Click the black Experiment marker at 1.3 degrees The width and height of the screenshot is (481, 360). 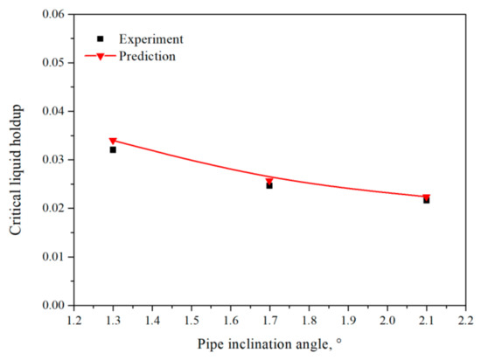pos(113,149)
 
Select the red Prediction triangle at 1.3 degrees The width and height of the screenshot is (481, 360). pos(113,141)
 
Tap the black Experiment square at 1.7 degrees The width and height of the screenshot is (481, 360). pos(269,185)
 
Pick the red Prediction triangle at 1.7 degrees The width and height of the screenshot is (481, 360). pos(269,180)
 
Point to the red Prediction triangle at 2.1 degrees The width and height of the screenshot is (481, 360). pos(426,197)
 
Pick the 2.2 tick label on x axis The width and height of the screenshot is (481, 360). pos(465,321)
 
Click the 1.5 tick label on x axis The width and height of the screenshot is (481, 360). pos(191,321)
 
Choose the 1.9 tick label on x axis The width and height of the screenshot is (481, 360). pos(347,321)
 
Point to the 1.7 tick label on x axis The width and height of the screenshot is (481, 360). pos(269,321)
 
